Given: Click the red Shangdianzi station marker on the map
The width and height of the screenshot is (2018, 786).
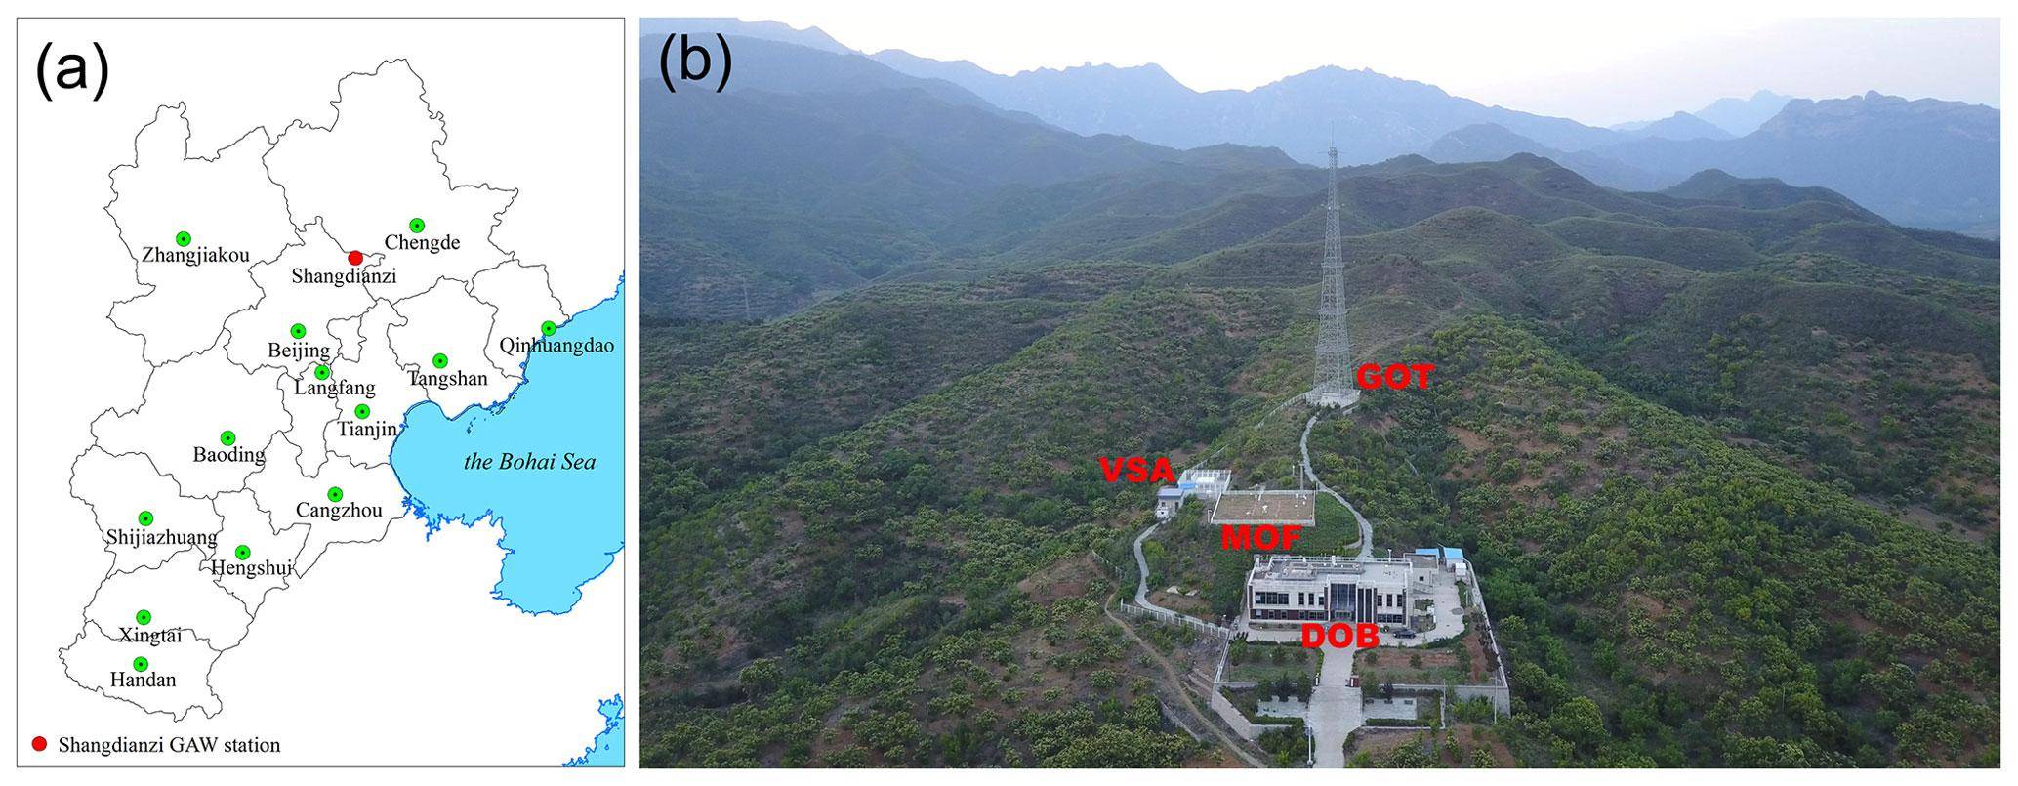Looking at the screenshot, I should (355, 257).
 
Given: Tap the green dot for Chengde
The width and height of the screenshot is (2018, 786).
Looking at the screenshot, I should (417, 226).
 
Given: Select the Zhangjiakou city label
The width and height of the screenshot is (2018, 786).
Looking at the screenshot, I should (195, 256).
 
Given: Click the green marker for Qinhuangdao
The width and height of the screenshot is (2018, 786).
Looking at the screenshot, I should (549, 328).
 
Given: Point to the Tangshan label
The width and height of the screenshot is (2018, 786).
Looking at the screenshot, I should (448, 378).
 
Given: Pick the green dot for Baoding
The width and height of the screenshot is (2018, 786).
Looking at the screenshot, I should (228, 437).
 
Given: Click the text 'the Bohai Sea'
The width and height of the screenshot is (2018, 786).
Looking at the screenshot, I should (528, 462).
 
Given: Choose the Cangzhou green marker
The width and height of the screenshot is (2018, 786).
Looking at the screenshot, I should (335, 494).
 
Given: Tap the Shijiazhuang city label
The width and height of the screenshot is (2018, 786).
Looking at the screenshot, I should (162, 537).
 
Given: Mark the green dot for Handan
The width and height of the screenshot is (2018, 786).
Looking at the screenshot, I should (141, 664).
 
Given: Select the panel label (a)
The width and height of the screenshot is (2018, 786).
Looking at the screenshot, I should (71, 71).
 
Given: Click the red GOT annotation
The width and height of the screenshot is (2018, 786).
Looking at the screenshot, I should (1394, 377).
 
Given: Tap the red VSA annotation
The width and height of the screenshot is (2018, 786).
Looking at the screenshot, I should (1136, 471).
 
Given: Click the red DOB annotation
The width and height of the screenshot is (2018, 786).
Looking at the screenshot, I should (1339, 637).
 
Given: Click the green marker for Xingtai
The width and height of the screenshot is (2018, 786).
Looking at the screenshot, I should (144, 617).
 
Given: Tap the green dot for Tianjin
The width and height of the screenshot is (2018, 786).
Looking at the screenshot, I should (362, 411).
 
